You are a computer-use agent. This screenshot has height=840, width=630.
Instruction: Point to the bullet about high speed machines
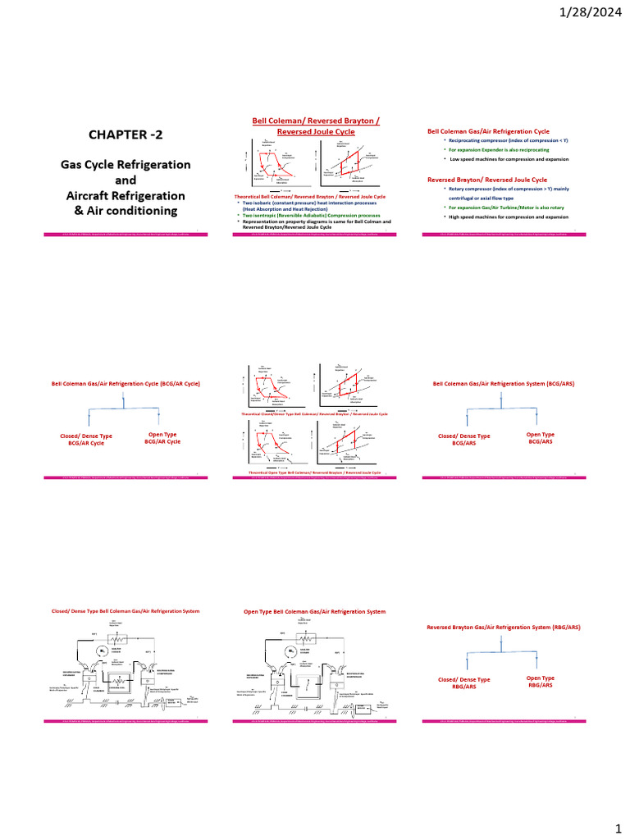(x=505, y=217)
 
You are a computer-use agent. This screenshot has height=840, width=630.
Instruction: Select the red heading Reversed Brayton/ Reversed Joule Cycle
(x=487, y=179)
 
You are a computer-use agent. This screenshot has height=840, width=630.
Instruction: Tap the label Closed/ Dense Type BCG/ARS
(x=464, y=440)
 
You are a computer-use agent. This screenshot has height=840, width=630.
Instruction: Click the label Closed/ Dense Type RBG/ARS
(x=464, y=683)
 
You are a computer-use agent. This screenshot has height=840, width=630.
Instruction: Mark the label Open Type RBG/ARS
(x=541, y=682)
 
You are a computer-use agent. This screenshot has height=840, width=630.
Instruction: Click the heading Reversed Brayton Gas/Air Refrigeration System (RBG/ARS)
(x=504, y=627)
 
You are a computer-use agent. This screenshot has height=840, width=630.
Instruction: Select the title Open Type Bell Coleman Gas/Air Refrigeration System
(x=315, y=611)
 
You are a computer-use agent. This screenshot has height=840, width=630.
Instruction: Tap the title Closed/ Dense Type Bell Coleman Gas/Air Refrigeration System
(x=126, y=611)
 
